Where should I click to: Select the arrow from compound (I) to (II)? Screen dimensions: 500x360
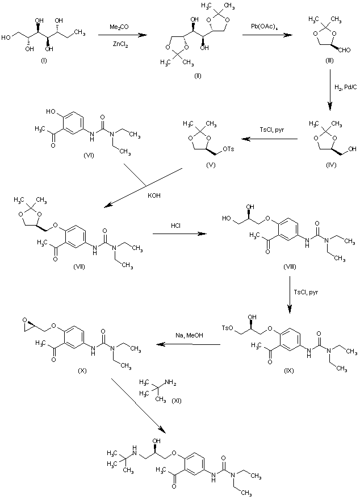coord(119,35)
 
